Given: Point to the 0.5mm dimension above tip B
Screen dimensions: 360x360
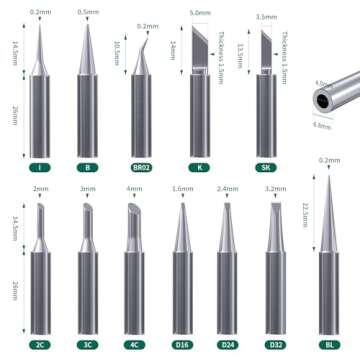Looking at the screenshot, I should (88, 13).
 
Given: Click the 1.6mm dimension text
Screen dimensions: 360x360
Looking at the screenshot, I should (182, 187).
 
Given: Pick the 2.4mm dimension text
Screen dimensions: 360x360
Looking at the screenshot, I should (228, 187).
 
